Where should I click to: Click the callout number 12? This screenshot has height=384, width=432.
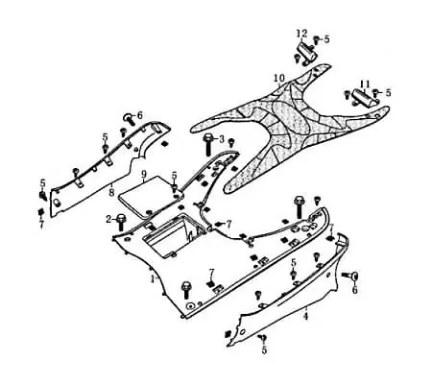click(x=301, y=34)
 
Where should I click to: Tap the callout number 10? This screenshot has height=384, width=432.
click(x=279, y=78)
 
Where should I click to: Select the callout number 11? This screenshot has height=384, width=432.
click(x=365, y=84)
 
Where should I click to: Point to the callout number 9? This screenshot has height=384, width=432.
click(x=144, y=175)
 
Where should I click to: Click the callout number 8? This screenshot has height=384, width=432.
click(x=111, y=193)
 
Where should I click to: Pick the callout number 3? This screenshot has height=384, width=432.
click(x=222, y=139)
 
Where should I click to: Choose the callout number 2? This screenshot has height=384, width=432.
click(x=108, y=219)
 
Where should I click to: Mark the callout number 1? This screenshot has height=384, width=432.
click(x=153, y=278)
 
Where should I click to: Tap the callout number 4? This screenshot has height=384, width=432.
click(x=306, y=317)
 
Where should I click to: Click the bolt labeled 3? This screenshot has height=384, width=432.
click(x=207, y=144)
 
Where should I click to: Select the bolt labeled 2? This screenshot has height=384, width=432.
click(x=122, y=222)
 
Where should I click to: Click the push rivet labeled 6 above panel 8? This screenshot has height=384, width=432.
click(x=129, y=118)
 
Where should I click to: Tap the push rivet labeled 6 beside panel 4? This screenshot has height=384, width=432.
click(x=351, y=276)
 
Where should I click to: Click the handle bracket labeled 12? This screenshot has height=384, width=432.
click(x=306, y=52)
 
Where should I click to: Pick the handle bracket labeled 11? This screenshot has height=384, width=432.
click(x=365, y=98)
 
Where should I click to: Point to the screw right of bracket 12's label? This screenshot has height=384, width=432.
click(x=316, y=39)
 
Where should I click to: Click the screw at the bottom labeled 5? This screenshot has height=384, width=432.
click(x=264, y=337)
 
